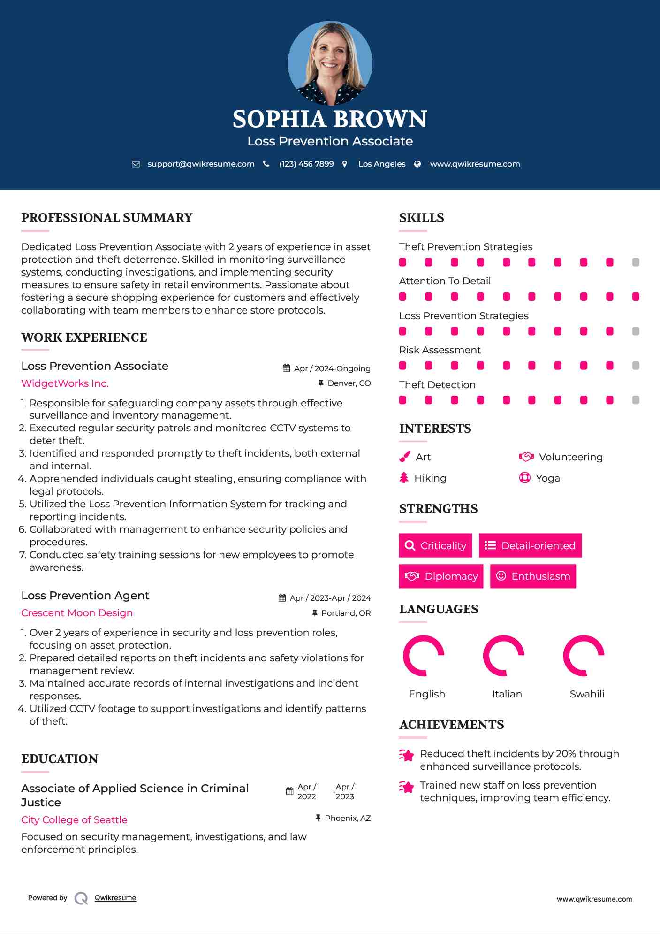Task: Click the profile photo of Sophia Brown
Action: point(330,63)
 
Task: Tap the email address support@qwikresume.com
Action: point(201,164)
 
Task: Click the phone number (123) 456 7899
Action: point(306,164)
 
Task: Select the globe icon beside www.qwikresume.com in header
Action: point(417,164)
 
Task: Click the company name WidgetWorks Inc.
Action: point(65,383)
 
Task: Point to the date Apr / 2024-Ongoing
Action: point(332,368)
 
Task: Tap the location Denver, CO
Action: point(349,383)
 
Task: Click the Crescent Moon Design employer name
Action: point(77,613)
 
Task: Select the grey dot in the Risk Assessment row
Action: point(636,366)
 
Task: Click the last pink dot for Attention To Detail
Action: point(636,297)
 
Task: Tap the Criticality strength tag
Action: point(435,545)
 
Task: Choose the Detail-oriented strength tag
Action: point(530,545)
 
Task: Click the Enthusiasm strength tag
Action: point(533,576)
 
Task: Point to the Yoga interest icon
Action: point(524,478)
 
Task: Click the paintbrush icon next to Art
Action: point(404,457)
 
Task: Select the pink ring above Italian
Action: point(503,656)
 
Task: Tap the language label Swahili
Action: point(587,694)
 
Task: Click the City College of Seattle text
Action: point(74,820)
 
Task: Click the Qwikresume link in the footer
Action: point(115,898)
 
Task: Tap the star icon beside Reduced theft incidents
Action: point(407,755)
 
